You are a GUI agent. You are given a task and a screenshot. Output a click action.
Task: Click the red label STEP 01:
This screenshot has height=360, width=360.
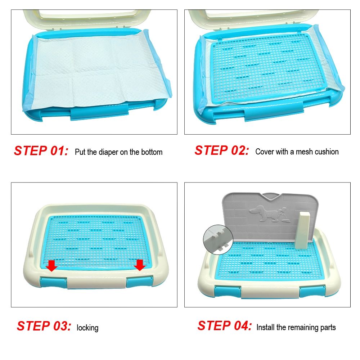coord(41,151)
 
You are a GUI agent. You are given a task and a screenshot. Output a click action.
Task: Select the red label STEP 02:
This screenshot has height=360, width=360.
coord(221,150)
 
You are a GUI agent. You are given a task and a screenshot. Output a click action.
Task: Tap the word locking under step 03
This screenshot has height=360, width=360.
coord(87,328)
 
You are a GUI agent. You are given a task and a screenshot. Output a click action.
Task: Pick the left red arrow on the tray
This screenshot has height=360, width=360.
coord(52,266)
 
